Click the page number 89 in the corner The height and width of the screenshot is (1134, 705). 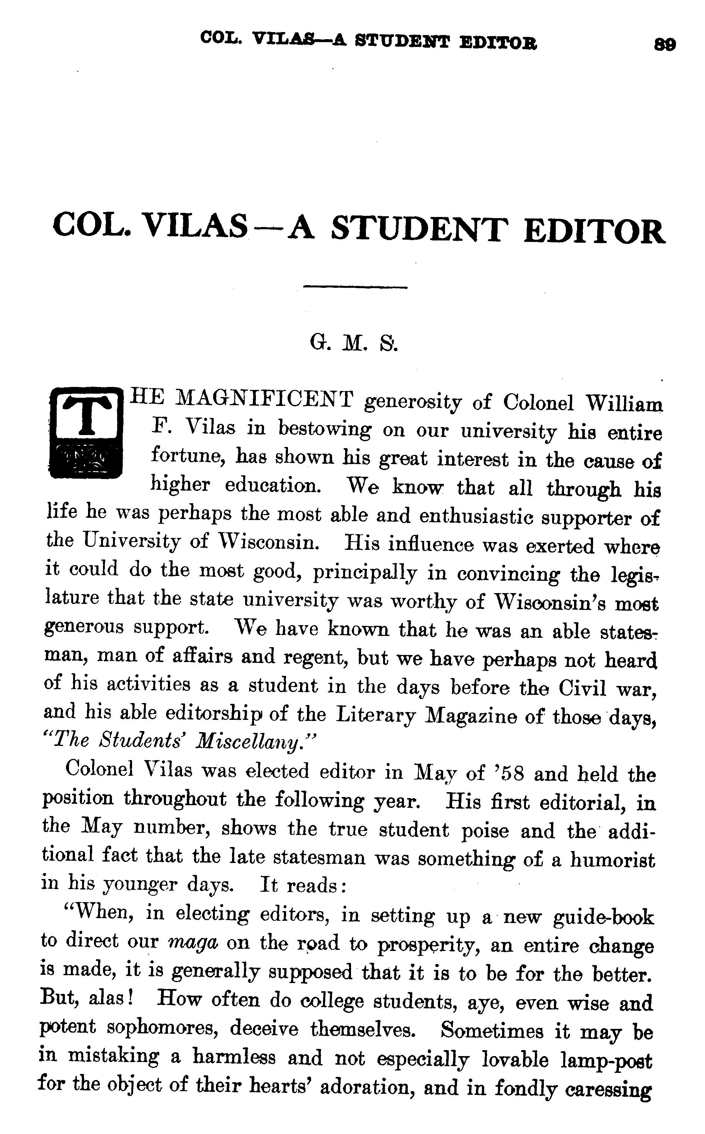pos(665,45)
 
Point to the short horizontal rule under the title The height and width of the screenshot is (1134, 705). pos(355,287)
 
